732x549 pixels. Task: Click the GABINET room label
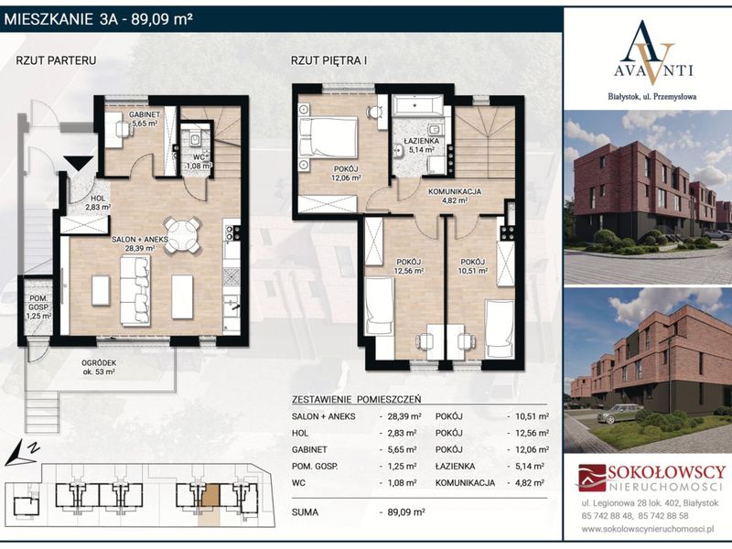coord(145,114)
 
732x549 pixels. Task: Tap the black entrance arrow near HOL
coord(79,165)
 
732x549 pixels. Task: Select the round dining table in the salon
coord(183,235)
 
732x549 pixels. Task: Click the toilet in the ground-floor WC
coord(196,138)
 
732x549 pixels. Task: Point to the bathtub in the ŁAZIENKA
coord(417,106)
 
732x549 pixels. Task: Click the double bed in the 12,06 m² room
coord(328,137)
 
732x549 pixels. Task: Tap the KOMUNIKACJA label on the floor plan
coord(454,191)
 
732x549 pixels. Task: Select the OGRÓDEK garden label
coord(99,362)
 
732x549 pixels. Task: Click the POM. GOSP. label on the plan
coord(38,303)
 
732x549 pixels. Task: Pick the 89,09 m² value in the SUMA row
coord(406,512)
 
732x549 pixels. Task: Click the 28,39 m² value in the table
coord(404,416)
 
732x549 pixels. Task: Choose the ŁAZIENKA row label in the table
coord(455,467)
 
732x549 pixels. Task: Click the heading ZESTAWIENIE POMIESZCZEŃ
coord(356,400)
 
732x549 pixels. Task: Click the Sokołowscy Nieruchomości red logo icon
coord(591,478)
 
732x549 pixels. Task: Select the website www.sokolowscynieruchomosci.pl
coord(648,530)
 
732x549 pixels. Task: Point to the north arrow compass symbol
coord(22,454)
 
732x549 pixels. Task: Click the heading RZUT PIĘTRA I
coord(328,60)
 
